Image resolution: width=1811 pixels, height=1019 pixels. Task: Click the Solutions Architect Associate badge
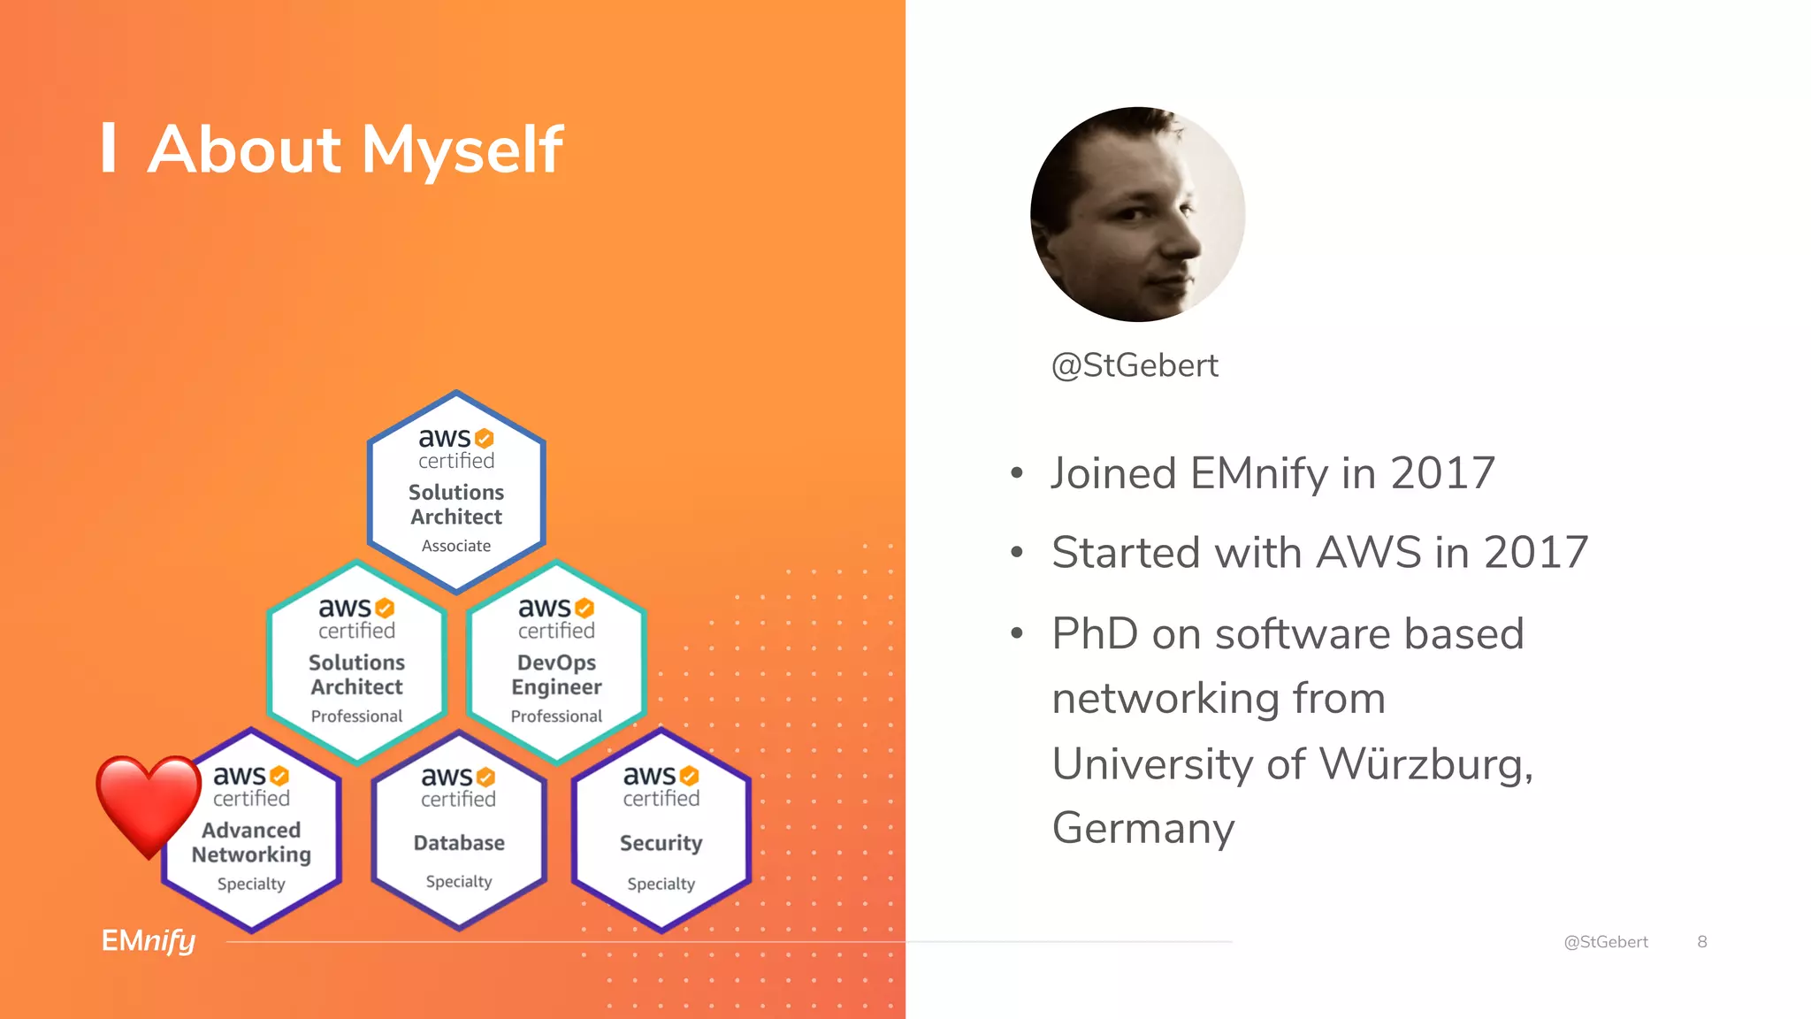456,492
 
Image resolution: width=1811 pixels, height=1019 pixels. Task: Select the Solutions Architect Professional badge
356,662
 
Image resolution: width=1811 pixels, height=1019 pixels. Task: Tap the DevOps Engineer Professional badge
556,662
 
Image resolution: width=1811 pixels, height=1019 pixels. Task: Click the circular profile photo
1138,214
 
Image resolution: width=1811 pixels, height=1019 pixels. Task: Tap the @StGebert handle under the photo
1135,365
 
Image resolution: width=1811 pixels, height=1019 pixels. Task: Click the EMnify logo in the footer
149,940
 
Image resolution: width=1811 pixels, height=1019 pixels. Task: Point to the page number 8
1701,942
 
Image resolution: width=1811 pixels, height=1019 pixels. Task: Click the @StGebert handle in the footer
1606,942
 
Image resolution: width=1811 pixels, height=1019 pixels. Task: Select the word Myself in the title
462,149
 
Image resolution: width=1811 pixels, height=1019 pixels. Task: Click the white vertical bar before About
109,148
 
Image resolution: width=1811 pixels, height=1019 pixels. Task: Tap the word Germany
1142,828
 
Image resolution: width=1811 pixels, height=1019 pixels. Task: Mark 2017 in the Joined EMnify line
1442,473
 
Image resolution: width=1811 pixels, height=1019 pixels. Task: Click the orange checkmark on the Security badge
690,776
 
